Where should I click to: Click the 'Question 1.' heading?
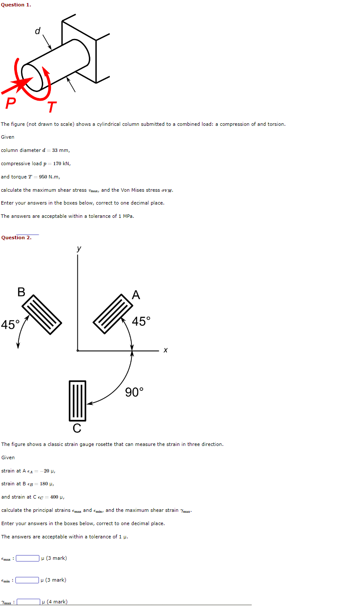click(16, 5)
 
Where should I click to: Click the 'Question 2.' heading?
click(16, 238)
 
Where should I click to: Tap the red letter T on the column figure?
click(52, 107)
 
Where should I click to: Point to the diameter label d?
click(38, 31)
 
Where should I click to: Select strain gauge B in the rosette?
click(42, 314)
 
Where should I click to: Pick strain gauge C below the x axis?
click(77, 401)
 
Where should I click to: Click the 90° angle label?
click(134, 392)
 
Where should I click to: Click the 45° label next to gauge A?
click(141, 321)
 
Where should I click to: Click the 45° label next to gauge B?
click(10, 325)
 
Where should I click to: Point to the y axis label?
click(79, 248)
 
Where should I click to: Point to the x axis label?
click(166, 351)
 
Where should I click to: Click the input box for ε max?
click(28, 558)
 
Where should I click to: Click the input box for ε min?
click(27, 580)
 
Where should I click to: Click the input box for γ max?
click(29, 602)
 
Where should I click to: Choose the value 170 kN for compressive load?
click(62, 163)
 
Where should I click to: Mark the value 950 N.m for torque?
click(49, 177)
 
